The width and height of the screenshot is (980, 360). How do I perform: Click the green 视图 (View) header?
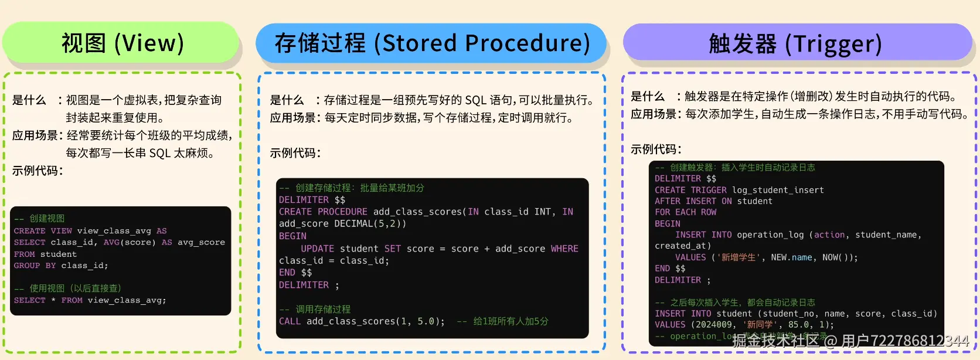click(x=122, y=43)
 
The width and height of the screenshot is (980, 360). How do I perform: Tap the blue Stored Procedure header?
click(x=431, y=43)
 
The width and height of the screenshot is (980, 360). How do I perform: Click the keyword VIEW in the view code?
click(x=62, y=231)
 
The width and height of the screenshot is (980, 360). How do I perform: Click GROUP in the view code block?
click(x=27, y=266)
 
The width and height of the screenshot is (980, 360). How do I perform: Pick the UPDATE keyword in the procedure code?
click(x=317, y=249)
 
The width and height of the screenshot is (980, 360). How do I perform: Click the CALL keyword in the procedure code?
click(x=290, y=321)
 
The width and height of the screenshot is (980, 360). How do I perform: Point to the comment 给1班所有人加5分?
click(x=511, y=321)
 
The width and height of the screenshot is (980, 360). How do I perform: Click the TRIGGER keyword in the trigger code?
click(x=708, y=190)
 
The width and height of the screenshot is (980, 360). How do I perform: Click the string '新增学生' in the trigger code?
click(x=738, y=257)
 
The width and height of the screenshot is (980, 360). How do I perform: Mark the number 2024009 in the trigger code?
click(x=713, y=325)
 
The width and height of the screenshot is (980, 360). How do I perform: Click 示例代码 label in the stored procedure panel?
click(x=294, y=153)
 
